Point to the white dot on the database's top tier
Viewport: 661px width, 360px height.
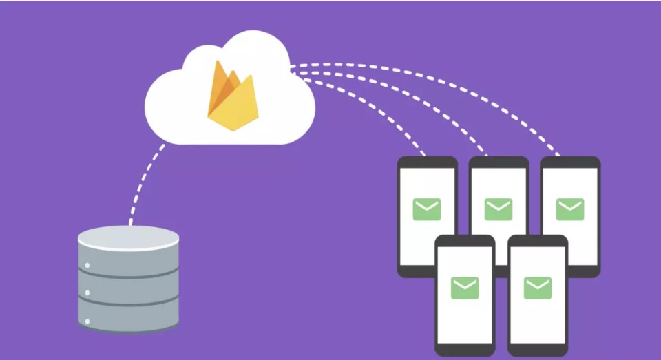coord(87,265)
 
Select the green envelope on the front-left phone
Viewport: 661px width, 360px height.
coord(465,288)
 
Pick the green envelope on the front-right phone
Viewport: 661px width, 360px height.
coord(537,288)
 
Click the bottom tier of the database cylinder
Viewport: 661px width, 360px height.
coord(128,317)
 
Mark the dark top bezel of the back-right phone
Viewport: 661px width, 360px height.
coord(570,162)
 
